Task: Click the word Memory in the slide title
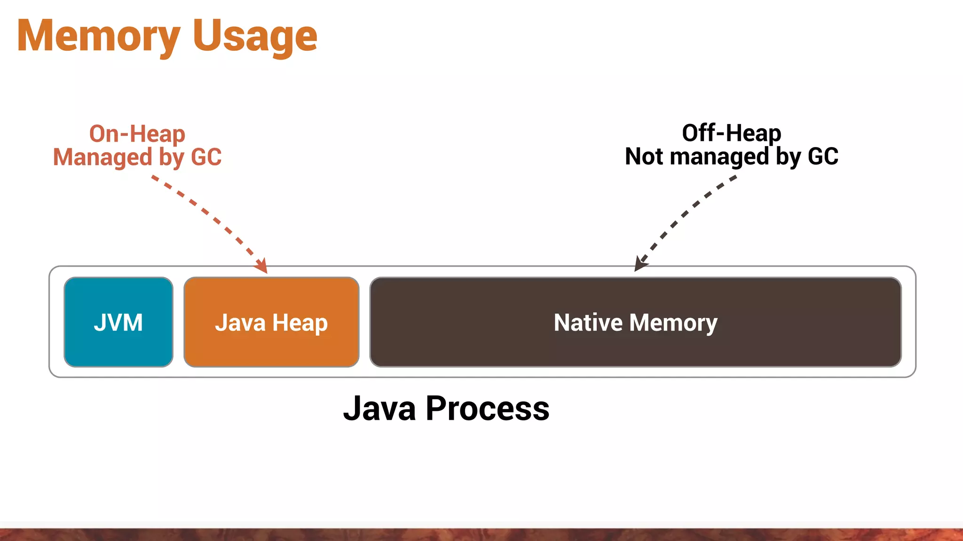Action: click(x=99, y=37)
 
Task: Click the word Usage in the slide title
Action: click(x=255, y=37)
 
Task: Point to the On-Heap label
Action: click(x=137, y=134)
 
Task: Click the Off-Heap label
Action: click(x=732, y=133)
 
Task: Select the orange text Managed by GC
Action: click(x=137, y=157)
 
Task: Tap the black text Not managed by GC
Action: click(x=732, y=156)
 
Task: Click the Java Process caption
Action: click(x=446, y=409)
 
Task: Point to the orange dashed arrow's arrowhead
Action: click(x=262, y=267)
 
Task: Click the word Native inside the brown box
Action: click(x=588, y=323)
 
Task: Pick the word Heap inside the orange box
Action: click(x=300, y=323)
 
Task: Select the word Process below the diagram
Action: click(x=487, y=409)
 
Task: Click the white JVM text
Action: click(x=118, y=323)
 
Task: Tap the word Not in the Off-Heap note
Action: click(x=644, y=156)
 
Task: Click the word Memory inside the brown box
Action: click(x=673, y=323)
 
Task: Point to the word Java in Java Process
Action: click(x=380, y=409)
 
